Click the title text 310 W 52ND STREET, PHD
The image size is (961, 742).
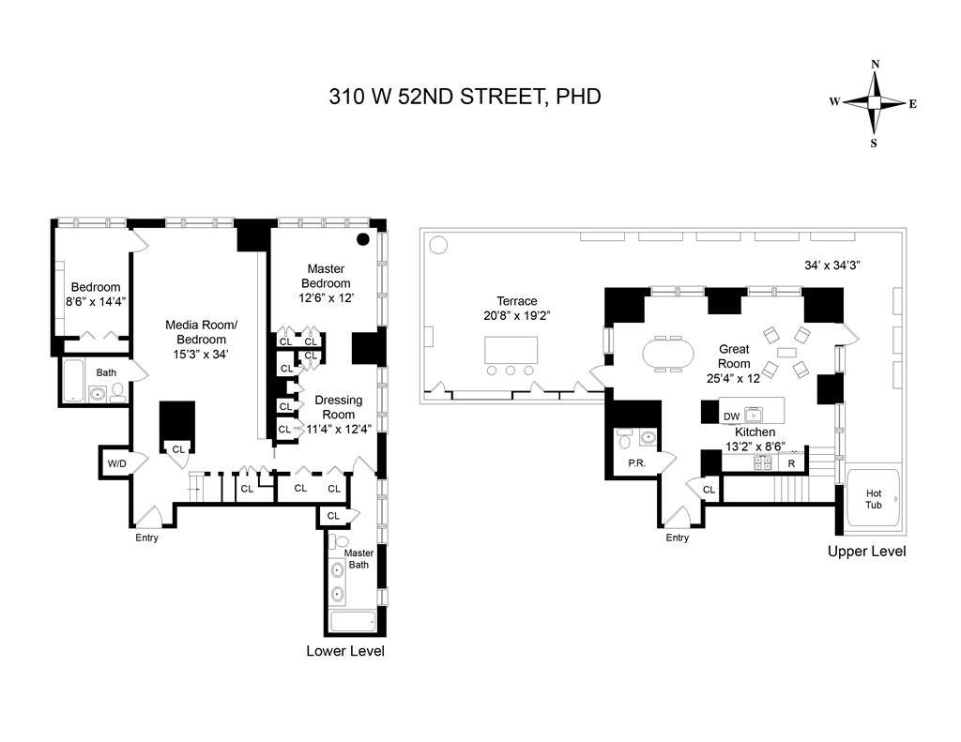pyautogui.click(x=465, y=96)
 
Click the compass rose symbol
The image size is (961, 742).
pyautogui.click(x=874, y=103)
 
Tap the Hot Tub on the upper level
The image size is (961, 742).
pyautogui.click(x=874, y=498)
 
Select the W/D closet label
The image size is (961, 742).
pyautogui.click(x=116, y=462)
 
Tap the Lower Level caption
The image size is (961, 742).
pyautogui.click(x=344, y=651)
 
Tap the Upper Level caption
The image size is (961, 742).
pyautogui.click(x=866, y=552)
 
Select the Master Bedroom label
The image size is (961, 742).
pyautogui.click(x=326, y=276)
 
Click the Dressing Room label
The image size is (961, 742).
pyautogui.click(x=338, y=407)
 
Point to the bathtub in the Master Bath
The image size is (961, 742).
pyautogui.click(x=352, y=622)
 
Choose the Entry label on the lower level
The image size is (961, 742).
pyautogui.click(x=146, y=538)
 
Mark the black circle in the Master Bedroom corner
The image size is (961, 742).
pyautogui.click(x=362, y=238)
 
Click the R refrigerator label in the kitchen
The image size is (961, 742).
pyautogui.click(x=791, y=463)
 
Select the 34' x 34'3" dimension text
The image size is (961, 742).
pyautogui.click(x=832, y=265)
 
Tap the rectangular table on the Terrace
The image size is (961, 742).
pyautogui.click(x=511, y=350)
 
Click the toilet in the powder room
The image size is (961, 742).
pyautogui.click(x=625, y=439)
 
